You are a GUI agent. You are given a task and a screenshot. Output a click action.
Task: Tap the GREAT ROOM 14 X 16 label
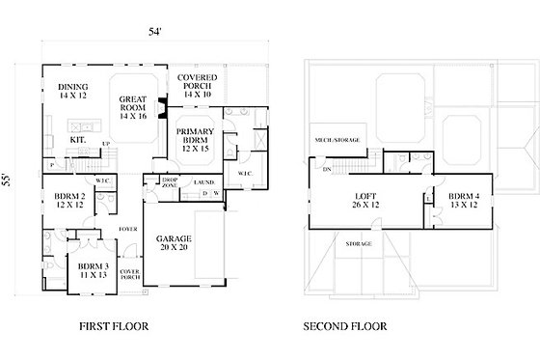click(x=133, y=105)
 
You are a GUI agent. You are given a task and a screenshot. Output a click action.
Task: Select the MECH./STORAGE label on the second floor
click(x=337, y=140)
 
